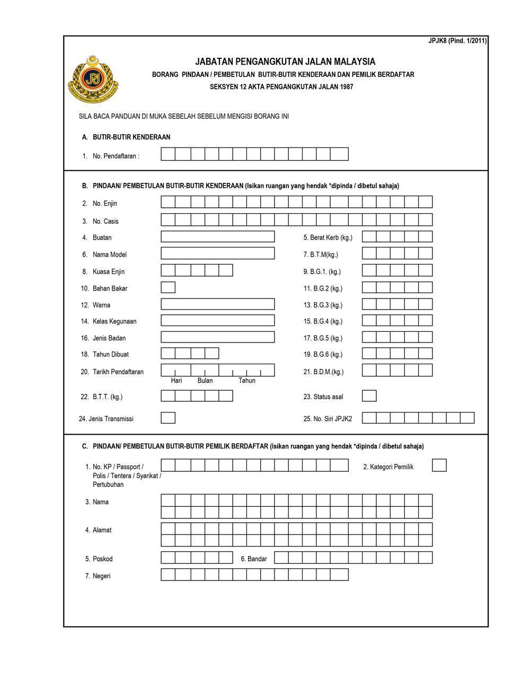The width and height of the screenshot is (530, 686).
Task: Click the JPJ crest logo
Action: (x=93, y=79)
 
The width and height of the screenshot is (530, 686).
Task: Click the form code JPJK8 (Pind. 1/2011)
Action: (x=457, y=41)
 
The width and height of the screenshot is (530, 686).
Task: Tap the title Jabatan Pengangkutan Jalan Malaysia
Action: (x=285, y=61)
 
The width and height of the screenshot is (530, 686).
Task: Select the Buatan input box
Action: (x=217, y=237)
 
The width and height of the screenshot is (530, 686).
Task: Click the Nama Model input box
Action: (x=217, y=253)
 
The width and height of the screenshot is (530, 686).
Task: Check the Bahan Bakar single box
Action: (x=168, y=288)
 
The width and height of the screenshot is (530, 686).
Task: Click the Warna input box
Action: (x=217, y=304)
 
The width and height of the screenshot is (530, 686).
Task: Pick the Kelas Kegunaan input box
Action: (x=217, y=321)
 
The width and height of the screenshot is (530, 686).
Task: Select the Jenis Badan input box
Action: (x=217, y=337)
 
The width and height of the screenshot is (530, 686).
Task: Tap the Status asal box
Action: (x=369, y=396)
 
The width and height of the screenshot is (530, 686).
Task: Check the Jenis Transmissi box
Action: (x=168, y=418)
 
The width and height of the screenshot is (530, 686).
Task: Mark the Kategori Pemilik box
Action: (x=439, y=465)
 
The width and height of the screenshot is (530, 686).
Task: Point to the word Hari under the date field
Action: (x=176, y=381)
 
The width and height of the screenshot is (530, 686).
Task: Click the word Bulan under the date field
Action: (x=205, y=381)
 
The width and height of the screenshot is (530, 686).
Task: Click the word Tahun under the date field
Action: (x=247, y=381)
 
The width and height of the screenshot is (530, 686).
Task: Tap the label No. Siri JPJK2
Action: (x=328, y=419)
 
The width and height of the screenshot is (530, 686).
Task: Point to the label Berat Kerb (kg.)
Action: (x=328, y=238)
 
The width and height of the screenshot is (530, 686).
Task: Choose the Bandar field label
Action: (x=254, y=559)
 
